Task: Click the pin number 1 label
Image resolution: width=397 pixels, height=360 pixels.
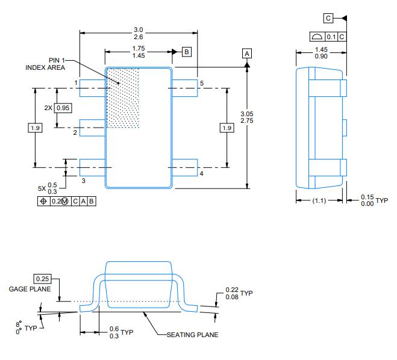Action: pyautogui.click(x=76, y=82)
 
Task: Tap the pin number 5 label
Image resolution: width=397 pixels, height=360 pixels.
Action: pyautogui.click(x=202, y=82)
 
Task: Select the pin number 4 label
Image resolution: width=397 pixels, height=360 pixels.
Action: pyautogui.click(x=201, y=173)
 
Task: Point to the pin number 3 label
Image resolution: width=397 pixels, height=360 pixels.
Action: pyautogui.click(x=83, y=180)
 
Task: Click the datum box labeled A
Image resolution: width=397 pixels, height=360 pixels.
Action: pyautogui.click(x=247, y=53)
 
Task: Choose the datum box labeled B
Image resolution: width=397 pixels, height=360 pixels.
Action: pyautogui.click(x=187, y=52)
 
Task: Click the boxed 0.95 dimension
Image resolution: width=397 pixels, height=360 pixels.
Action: pyautogui.click(x=63, y=108)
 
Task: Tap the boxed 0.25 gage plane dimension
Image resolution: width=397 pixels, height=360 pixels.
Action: pyautogui.click(x=42, y=279)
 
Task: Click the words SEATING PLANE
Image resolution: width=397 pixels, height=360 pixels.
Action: pyautogui.click(x=192, y=335)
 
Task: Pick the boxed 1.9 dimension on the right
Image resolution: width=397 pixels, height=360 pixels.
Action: pyautogui.click(x=227, y=128)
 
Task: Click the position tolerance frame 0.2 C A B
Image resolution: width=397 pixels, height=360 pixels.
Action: pyautogui.click(x=66, y=201)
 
